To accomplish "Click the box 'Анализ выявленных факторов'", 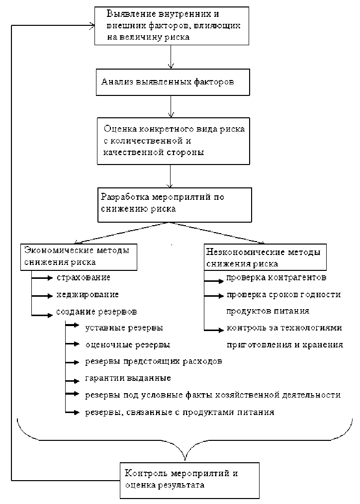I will [172, 82].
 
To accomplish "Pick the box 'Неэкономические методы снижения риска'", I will [265, 256].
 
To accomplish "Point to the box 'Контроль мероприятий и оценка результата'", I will [189, 480].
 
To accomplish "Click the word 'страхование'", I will [83, 277].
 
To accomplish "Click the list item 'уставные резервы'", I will [124, 328].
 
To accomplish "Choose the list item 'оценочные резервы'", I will [127, 344].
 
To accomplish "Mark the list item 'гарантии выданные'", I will [128, 378].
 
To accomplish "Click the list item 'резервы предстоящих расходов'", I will [153, 361].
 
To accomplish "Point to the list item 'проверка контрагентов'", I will [276, 277].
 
